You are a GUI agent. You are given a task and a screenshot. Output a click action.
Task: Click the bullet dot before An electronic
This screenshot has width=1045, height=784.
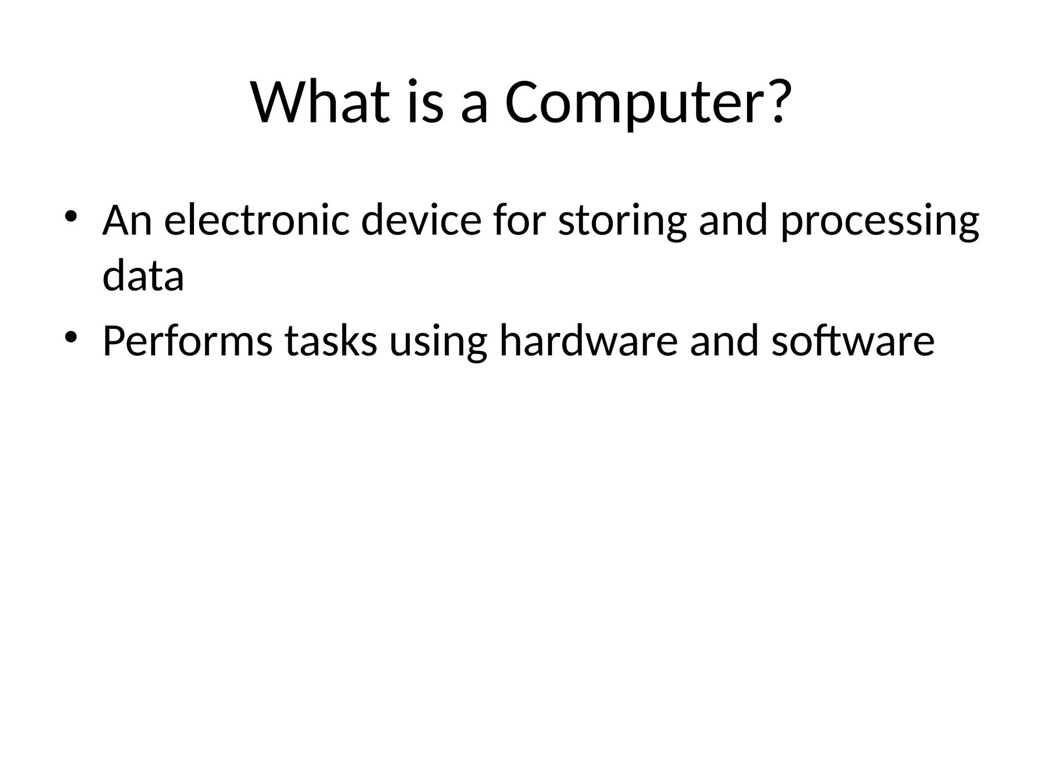click(x=71, y=216)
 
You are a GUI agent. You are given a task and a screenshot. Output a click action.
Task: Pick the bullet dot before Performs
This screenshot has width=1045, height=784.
click(x=71, y=337)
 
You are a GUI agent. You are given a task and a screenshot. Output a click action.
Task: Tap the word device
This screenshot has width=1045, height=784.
click(x=421, y=220)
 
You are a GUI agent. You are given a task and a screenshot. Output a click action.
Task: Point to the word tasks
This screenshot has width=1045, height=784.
click(x=331, y=341)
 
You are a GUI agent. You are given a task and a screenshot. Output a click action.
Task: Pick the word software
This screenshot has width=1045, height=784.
click(x=853, y=341)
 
